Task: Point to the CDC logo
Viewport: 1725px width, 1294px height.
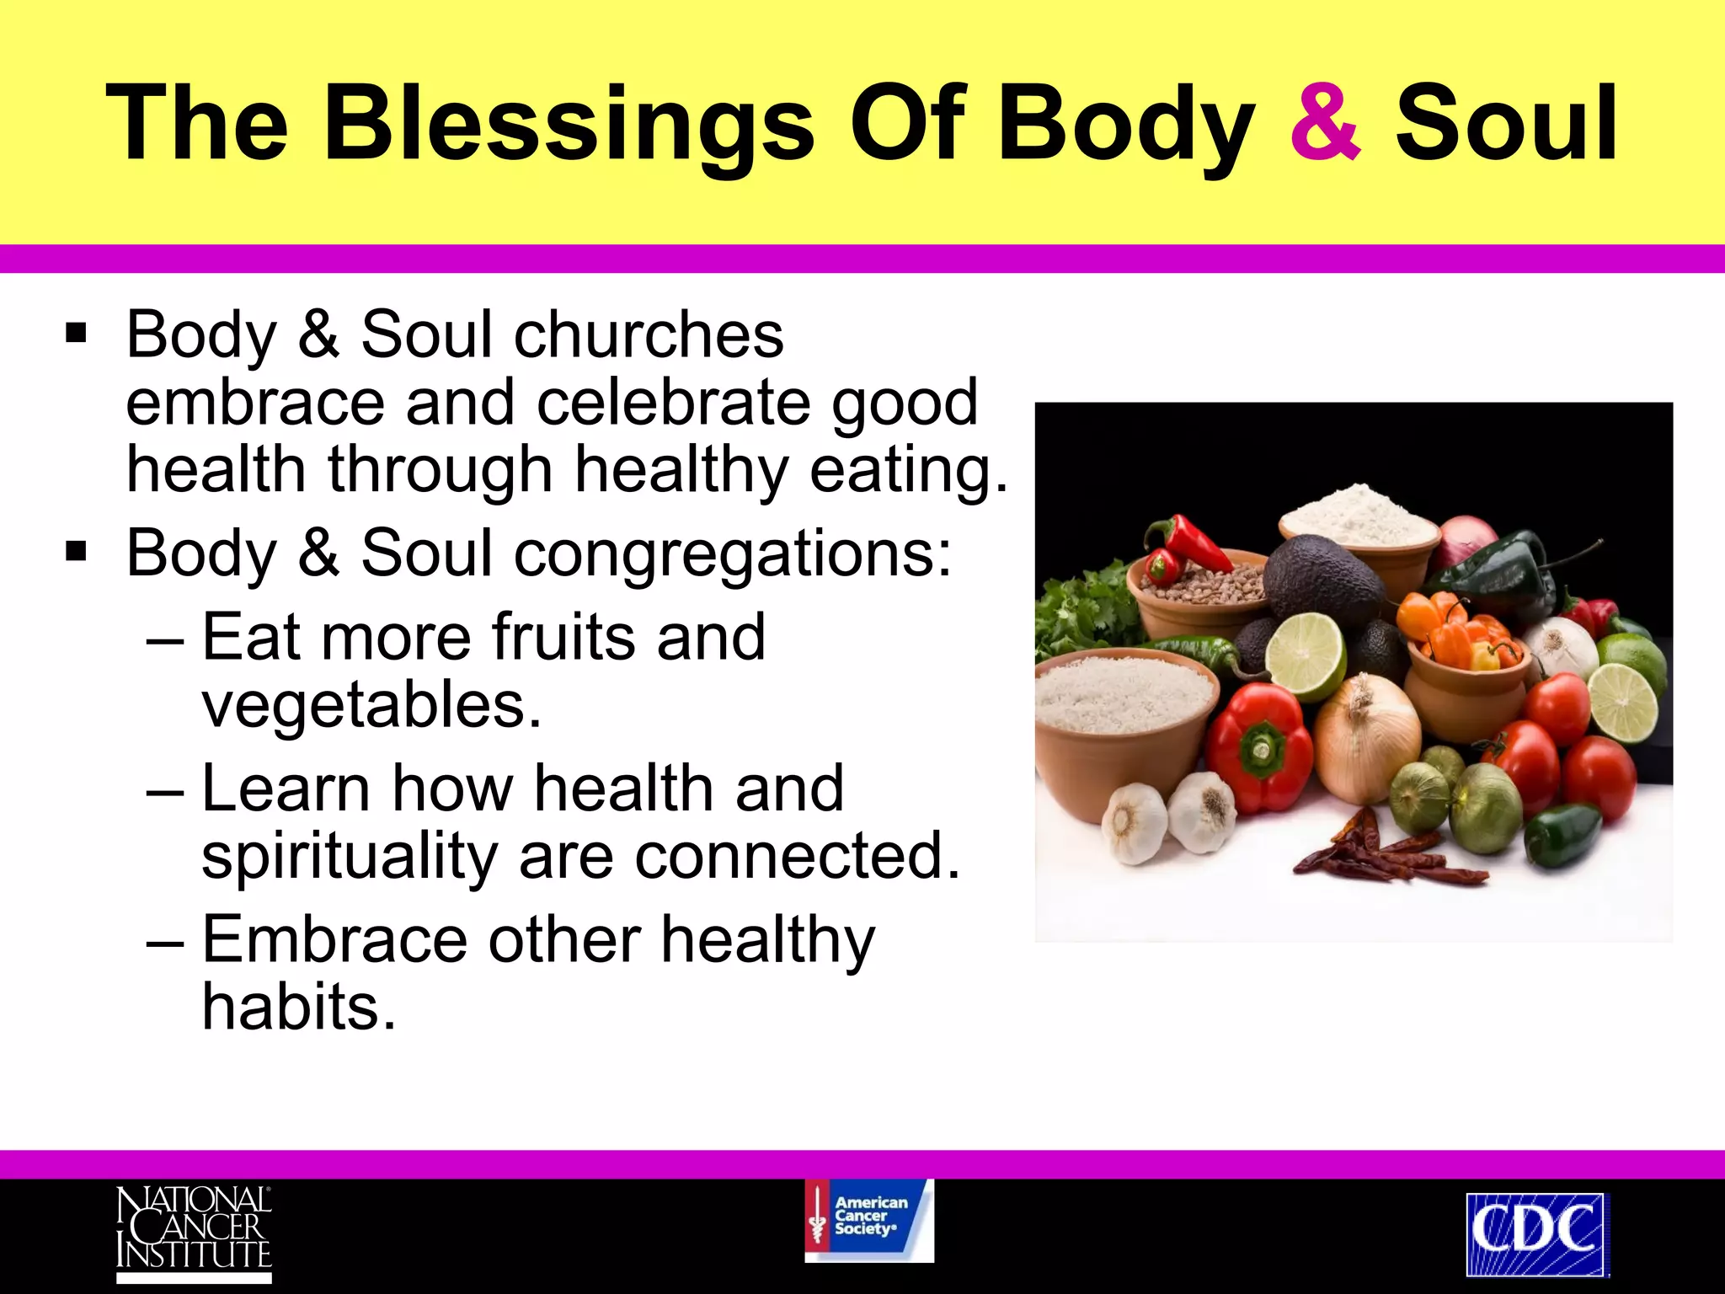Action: [x=1536, y=1233]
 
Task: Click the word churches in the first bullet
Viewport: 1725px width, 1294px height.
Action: [x=649, y=335]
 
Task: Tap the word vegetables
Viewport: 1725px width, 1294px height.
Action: [x=371, y=705]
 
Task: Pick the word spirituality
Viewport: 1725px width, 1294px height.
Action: [x=350, y=857]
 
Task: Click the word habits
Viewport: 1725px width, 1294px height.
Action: [x=298, y=1008]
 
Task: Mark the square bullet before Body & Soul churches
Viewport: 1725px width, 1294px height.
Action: [x=76, y=334]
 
